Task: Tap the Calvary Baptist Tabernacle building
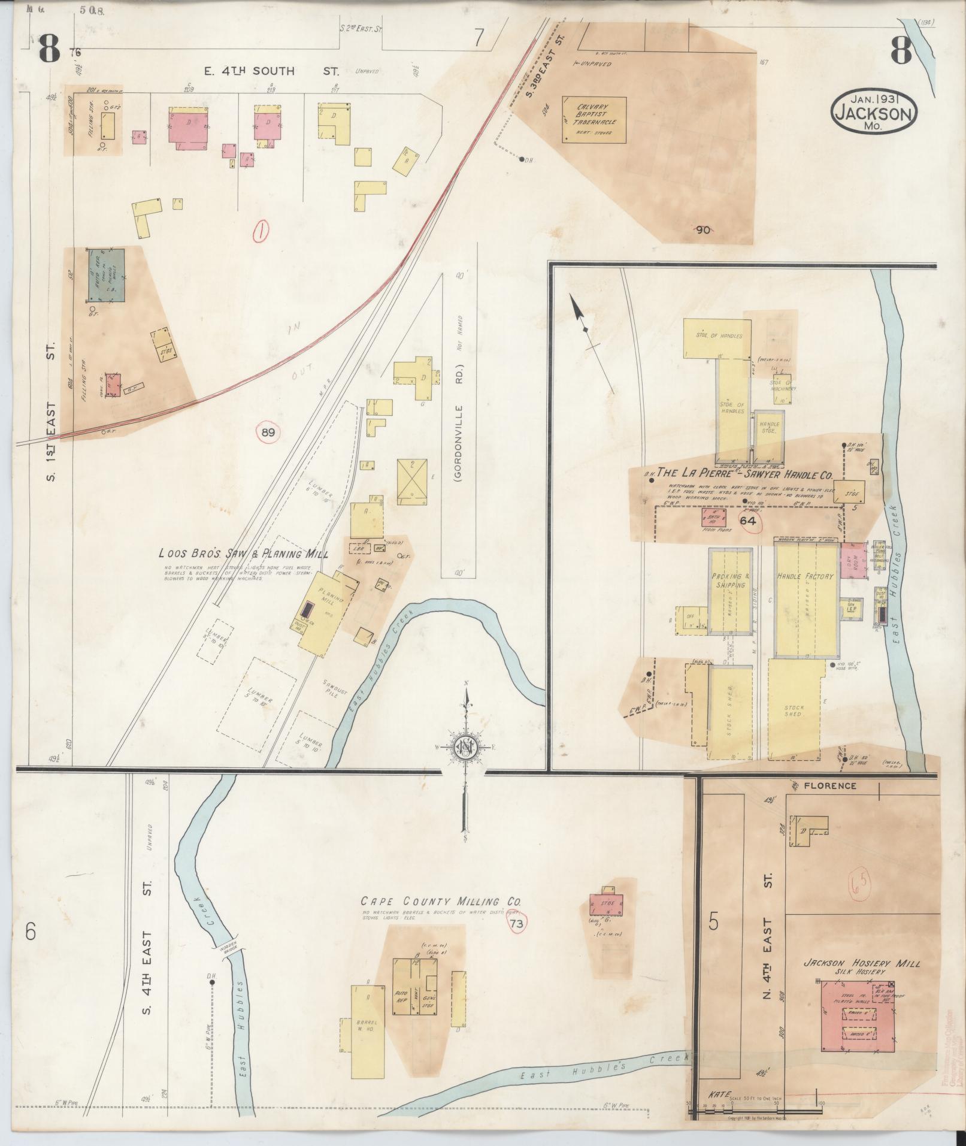point(593,120)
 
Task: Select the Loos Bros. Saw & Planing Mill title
point(243,554)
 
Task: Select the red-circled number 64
point(748,521)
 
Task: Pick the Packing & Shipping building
point(730,590)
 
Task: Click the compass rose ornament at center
point(465,747)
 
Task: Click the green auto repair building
point(107,274)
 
